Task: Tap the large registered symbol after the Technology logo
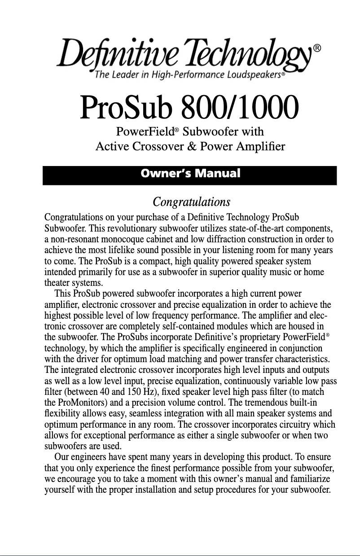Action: (317, 48)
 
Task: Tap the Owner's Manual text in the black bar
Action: (190, 174)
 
